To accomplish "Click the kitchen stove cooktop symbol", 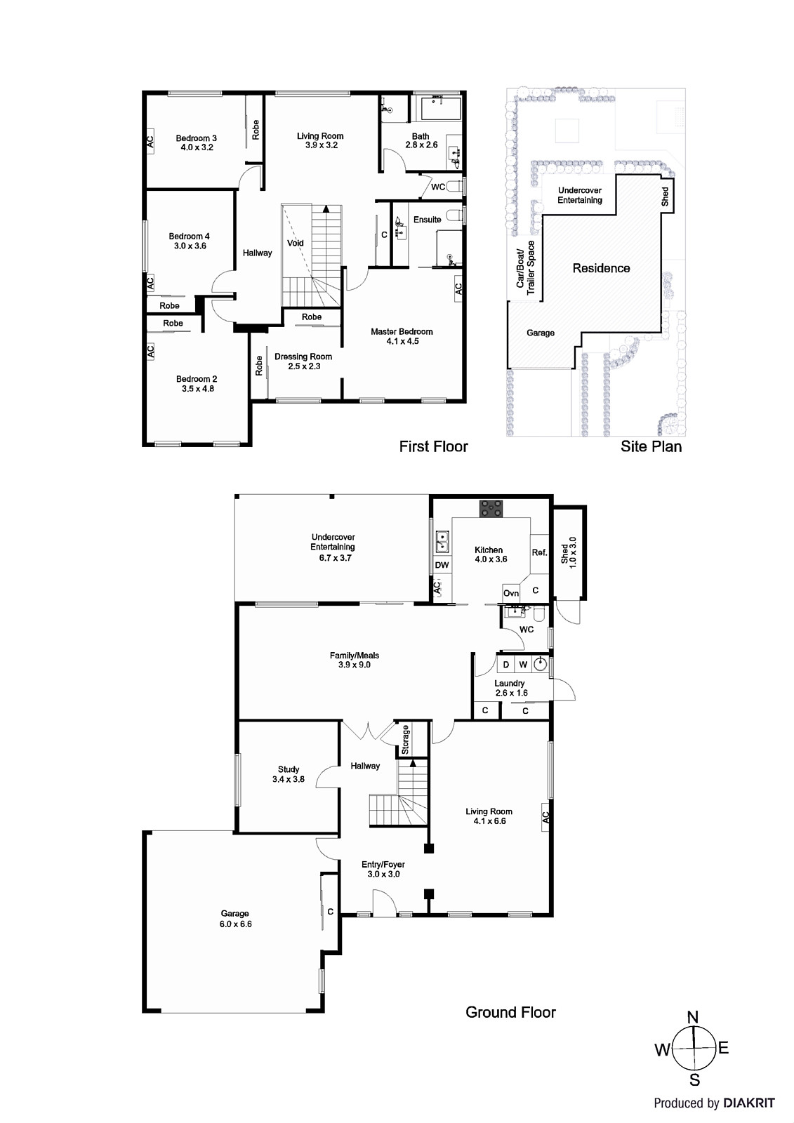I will pyautogui.click(x=490, y=508).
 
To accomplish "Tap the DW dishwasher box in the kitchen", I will pyautogui.click(x=442, y=565).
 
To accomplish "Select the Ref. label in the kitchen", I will pyautogui.click(x=538, y=552).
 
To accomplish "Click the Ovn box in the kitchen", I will pyautogui.click(x=511, y=593).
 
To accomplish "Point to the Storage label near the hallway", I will pyautogui.click(x=405, y=739).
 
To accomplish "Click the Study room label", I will pyautogui.click(x=289, y=769).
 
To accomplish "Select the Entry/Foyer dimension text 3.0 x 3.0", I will pyautogui.click(x=383, y=874).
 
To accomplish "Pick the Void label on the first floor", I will pyautogui.click(x=296, y=243).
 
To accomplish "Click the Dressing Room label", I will pyautogui.click(x=303, y=357).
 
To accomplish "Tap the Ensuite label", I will pyautogui.click(x=427, y=220).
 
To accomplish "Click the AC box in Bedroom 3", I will pyautogui.click(x=150, y=140).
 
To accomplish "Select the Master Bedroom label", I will pyautogui.click(x=402, y=331).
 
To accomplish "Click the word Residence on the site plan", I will pyautogui.click(x=601, y=268).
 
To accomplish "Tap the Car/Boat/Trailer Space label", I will pyautogui.click(x=525, y=268).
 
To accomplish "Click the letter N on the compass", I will pyautogui.click(x=692, y=1017).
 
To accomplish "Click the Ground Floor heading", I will pyautogui.click(x=510, y=1012).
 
